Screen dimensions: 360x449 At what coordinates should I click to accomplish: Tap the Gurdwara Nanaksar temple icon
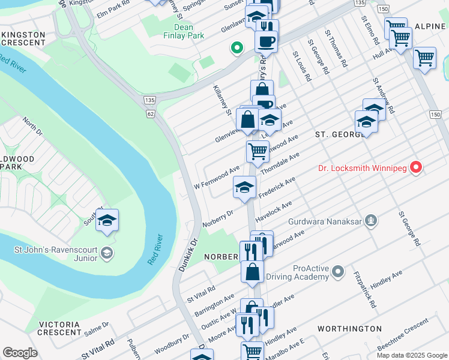(x=372, y=221)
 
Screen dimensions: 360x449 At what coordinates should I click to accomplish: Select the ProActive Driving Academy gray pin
(x=338, y=272)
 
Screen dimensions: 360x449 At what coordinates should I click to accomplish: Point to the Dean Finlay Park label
(x=180, y=31)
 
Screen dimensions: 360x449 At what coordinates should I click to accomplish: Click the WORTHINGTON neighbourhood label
(x=349, y=329)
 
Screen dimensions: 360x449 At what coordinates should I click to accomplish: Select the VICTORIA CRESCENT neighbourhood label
(x=59, y=328)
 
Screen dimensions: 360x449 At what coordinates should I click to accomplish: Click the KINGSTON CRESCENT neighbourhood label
(x=23, y=39)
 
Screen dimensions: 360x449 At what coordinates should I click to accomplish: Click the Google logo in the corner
(x=20, y=352)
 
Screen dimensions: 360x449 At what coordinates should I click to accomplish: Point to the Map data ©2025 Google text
(x=411, y=355)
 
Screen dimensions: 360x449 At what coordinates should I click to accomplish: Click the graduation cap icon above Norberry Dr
(x=244, y=187)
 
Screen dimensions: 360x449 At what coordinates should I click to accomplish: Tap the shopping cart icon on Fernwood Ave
(x=258, y=151)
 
